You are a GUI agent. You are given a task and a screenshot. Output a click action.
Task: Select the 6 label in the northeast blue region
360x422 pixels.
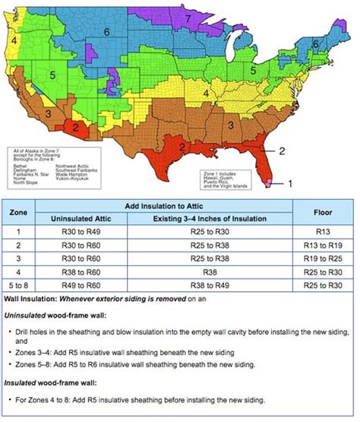[315, 45]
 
